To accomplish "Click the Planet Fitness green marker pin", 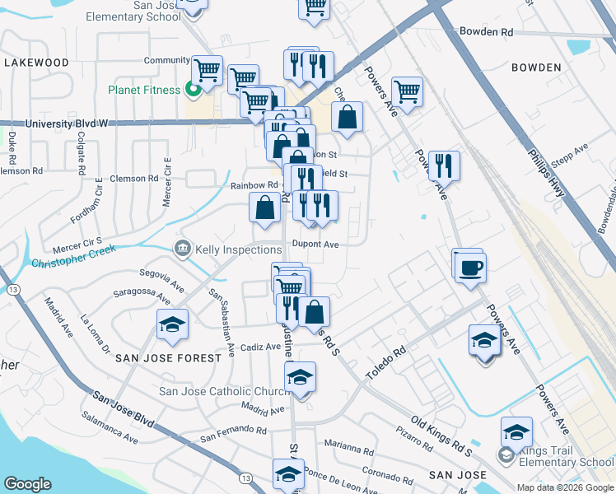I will click(x=194, y=90).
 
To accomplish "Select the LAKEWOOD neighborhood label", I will click(x=36, y=63).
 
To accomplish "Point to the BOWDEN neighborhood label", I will click(x=535, y=68).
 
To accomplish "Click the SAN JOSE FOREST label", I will click(x=168, y=358).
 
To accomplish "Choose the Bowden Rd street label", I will click(x=486, y=32).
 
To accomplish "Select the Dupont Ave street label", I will click(x=316, y=245).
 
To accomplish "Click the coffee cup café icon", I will click(x=471, y=268).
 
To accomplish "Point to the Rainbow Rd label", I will click(x=254, y=185).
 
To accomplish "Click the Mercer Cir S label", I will click(x=76, y=245).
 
